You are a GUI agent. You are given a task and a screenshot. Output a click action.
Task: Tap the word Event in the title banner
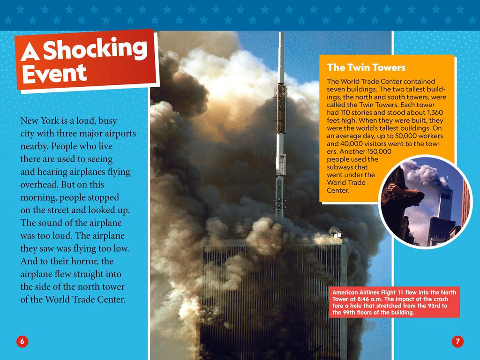[54, 73]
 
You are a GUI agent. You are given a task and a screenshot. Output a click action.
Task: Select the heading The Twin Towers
[366, 68]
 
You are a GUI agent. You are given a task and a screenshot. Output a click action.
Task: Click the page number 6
[22, 341]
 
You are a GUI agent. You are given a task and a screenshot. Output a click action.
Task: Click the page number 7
[457, 341]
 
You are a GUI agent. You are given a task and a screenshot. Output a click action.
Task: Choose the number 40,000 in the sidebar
[342, 144]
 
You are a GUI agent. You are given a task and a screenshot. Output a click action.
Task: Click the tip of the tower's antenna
[281, 34]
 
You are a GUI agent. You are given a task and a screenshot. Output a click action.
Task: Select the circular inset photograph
[425, 202]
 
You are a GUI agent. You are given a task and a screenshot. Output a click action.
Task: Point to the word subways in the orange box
[347, 167]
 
